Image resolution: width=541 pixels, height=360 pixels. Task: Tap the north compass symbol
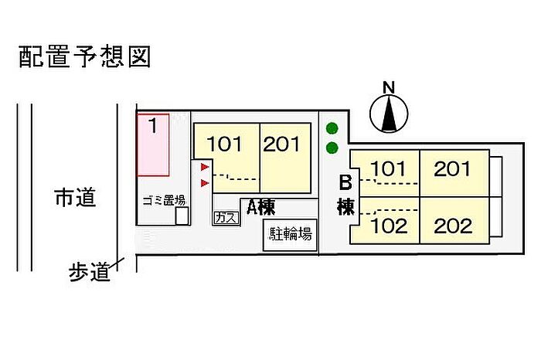tap(389, 113)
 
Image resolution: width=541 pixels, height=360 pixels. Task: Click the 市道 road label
tap(76, 198)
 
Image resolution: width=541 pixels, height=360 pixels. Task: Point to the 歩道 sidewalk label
tap(89, 273)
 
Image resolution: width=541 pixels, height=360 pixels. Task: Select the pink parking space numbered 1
tap(153, 144)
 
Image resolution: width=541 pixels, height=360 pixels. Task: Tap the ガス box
tap(225, 218)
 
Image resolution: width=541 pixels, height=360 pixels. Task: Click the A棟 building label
tap(261, 207)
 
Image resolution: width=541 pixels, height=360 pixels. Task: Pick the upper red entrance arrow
tap(204, 167)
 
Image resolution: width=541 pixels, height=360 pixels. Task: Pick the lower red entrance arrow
tap(204, 182)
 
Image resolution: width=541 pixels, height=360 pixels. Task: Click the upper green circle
tap(332, 128)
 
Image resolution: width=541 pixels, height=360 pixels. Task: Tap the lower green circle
tap(332, 148)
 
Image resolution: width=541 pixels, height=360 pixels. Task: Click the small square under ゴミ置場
tap(182, 216)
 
